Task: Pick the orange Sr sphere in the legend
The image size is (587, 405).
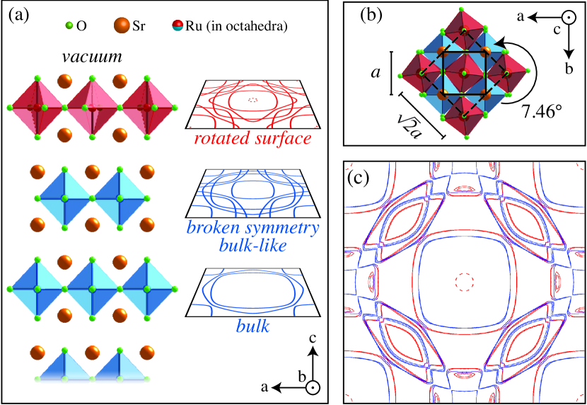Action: point(120,26)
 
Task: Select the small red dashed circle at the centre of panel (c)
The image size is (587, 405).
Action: point(464,281)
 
